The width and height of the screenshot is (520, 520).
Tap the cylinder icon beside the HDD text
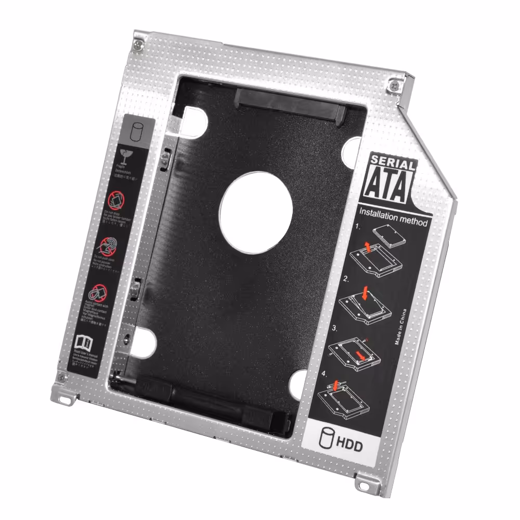click(x=327, y=440)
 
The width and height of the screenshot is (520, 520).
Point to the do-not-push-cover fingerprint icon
click(x=108, y=244)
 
